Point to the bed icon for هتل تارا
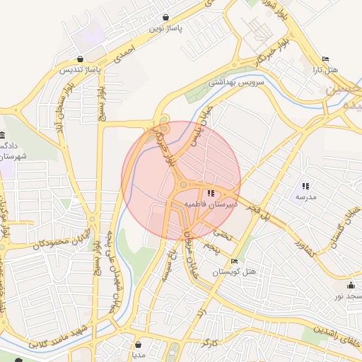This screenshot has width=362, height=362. point(325,59)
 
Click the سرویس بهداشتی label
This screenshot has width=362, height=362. point(235,82)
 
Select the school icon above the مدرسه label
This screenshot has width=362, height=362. point(305,185)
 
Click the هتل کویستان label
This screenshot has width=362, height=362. point(235,271)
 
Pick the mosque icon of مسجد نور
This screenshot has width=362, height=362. point(351,285)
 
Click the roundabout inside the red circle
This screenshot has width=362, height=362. point(182,185)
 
